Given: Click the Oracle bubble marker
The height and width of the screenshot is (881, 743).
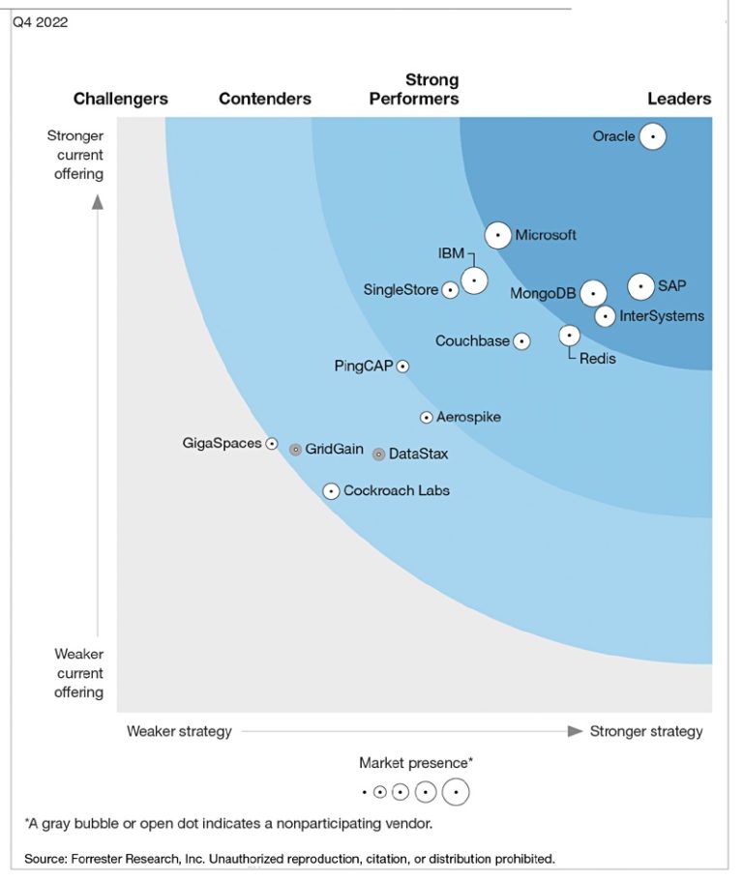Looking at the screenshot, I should coord(653,137).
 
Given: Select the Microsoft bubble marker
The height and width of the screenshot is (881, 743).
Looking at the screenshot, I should coord(498,235).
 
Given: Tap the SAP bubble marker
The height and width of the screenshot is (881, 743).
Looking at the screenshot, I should coord(640,286).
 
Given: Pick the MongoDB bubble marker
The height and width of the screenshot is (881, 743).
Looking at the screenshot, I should coord(593,293).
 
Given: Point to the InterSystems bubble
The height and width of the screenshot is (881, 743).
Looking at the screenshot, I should coord(605,315).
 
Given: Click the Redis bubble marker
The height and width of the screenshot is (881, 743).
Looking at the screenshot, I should coord(570,336).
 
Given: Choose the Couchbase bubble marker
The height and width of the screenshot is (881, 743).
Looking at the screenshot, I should coord(521,341).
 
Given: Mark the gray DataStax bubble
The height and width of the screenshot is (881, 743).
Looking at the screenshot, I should coord(379,455).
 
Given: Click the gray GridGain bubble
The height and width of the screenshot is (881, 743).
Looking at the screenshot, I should coord(296,450).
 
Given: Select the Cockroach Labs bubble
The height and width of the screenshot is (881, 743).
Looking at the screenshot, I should coord(331,491).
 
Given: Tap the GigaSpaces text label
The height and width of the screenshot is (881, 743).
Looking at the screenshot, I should coord(222,443).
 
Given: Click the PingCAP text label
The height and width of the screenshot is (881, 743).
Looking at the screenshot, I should coord(364,366).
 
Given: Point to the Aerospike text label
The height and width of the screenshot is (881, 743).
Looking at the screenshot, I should coord(468,417).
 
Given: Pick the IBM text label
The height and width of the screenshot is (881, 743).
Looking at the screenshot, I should coord(451,253).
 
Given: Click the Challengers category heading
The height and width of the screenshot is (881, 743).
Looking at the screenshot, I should coord(121,99).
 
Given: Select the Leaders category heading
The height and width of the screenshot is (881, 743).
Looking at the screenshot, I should coord(679,99).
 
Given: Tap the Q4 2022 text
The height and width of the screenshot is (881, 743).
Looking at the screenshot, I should coord(40,22).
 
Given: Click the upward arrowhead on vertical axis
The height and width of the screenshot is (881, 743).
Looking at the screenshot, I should coord(98,202).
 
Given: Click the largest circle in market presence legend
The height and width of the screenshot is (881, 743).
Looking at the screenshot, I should coord(456,792).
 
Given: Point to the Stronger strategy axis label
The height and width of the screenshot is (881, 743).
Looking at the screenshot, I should coord(646,731).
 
